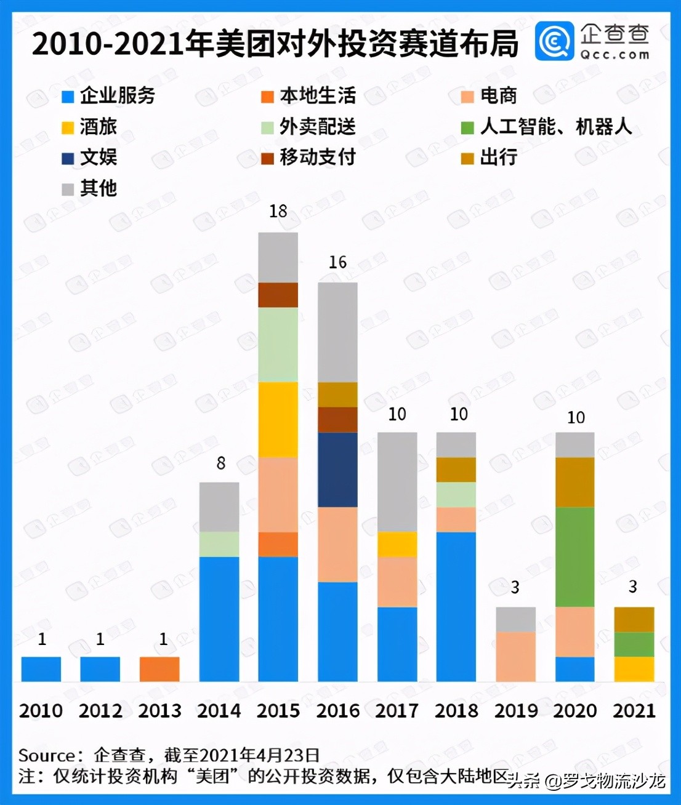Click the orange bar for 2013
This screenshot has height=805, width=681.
[x=159, y=669]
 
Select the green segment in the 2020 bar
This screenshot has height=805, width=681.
[x=575, y=557]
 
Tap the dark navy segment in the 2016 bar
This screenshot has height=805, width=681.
[x=337, y=470]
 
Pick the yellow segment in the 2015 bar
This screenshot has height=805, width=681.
[x=278, y=420]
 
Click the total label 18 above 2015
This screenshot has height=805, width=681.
[x=278, y=211]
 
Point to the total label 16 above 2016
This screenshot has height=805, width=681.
[x=337, y=262]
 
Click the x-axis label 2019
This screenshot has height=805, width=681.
[x=516, y=711]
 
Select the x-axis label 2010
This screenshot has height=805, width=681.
[x=41, y=711]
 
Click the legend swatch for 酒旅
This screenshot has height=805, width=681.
[x=68, y=128]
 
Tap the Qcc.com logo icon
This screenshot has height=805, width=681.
[x=554, y=41]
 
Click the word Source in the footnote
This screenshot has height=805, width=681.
[x=46, y=755]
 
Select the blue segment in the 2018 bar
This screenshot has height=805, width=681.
[x=456, y=606]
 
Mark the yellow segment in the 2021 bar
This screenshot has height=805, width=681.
[x=634, y=669]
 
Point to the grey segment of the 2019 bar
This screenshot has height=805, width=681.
[x=516, y=619]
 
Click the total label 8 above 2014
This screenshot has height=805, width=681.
[x=221, y=463]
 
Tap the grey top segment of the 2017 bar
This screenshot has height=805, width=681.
[x=397, y=481]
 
